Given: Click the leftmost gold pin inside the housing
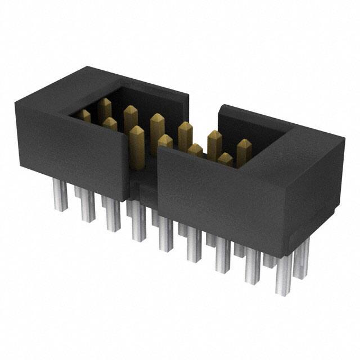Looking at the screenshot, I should (84, 116).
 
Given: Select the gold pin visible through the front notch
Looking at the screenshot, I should (137, 145).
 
